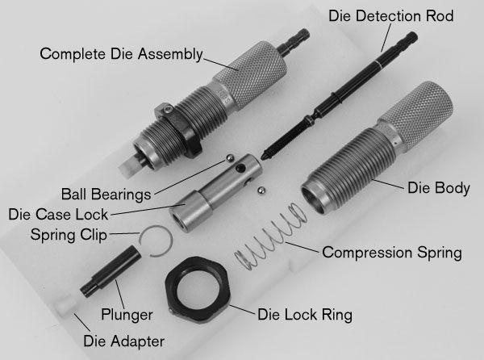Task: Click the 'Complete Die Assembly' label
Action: [121, 54]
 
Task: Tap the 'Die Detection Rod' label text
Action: [390, 16]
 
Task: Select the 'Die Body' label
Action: [439, 188]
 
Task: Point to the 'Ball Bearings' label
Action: [106, 195]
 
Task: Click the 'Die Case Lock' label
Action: [58, 214]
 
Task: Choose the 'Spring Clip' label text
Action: [69, 235]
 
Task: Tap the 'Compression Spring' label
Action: [392, 253]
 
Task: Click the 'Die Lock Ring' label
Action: [305, 315]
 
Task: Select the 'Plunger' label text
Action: [127, 315]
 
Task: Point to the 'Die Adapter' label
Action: [123, 341]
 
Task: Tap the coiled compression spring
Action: [270, 237]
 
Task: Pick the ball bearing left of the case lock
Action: [230, 159]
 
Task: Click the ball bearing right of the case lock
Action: [261, 190]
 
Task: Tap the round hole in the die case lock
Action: [240, 168]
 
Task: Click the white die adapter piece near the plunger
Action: [66, 305]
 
